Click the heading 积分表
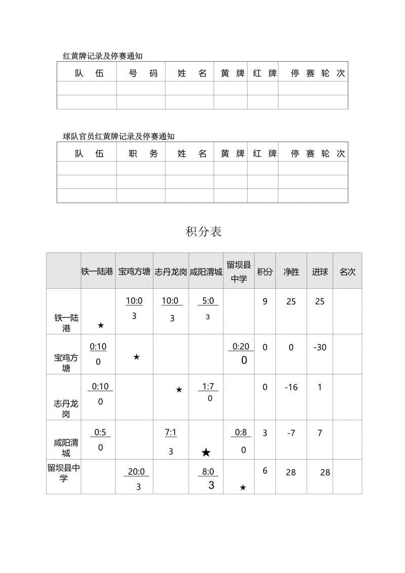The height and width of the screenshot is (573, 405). coord(204,232)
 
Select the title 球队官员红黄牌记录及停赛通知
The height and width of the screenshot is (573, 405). coord(118,136)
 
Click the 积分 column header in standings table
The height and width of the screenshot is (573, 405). coord(265,272)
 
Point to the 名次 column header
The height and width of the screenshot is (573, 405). coord(347,272)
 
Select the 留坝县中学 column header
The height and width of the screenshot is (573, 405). coord(239,272)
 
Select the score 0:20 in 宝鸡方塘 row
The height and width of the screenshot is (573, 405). coord(241,347)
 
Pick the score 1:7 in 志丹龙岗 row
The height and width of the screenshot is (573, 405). coord(208,387)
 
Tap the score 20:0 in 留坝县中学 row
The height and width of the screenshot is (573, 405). coord(136,471)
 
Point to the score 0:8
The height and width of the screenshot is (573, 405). coord(241,433)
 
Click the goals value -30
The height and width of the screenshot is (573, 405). coord(319,348)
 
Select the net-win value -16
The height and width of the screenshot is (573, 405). coord(291,388)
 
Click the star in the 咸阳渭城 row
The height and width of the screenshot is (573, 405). coord(206,452)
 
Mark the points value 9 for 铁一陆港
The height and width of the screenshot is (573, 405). coord(265,301)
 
